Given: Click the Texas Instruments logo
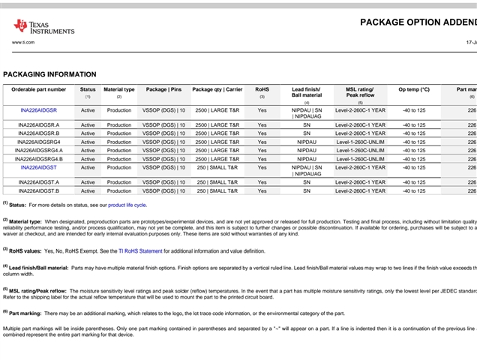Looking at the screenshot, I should [43, 27].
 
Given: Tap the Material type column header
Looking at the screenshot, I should [118, 89].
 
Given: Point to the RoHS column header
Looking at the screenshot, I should [262, 89].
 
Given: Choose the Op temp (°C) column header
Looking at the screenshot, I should [413, 89].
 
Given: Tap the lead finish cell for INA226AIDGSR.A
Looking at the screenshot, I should [306, 124].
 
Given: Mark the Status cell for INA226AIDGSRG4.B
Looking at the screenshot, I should [88, 159].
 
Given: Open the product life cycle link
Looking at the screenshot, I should [127, 205].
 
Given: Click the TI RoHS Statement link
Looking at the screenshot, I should [141, 251].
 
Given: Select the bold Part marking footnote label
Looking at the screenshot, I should [25, 313].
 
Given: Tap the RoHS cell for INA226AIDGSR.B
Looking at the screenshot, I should [262, 133].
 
